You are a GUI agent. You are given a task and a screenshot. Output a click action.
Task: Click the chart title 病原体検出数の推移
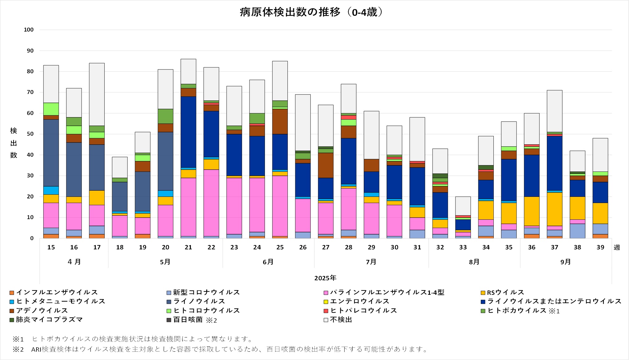(x=311, y=12)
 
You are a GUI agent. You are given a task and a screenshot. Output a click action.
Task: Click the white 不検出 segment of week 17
(x=97, y=94)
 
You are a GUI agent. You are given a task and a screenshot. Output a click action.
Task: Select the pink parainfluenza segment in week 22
(x=211, y=203)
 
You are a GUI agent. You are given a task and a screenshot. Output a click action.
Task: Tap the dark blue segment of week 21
(x=188, y=132)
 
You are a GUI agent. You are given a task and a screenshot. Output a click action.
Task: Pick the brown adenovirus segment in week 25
(x=280, y=121)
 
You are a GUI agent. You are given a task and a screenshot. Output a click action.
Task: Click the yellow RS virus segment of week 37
(x=555, y=209)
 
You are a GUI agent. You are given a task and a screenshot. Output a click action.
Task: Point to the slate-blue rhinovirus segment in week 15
(x=51, y=153)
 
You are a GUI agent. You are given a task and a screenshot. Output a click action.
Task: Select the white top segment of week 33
(x=463, y=206)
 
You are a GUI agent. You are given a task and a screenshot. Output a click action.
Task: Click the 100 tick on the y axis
(x=29, y=30)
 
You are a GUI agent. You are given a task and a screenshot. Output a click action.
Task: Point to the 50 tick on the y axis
(x=30, y=134)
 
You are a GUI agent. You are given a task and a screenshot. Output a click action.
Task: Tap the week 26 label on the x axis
(x=303, y=247)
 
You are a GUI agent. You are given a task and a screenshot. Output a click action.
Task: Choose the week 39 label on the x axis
(x=600, y=247)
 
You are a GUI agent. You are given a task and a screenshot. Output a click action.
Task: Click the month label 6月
(x=268, y=262)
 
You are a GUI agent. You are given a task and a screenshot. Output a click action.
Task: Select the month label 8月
(x=474, y=262)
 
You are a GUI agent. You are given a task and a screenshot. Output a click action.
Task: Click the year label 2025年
(x=325, y=278)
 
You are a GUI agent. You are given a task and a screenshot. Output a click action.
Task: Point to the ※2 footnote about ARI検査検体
(x=229, y=349)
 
